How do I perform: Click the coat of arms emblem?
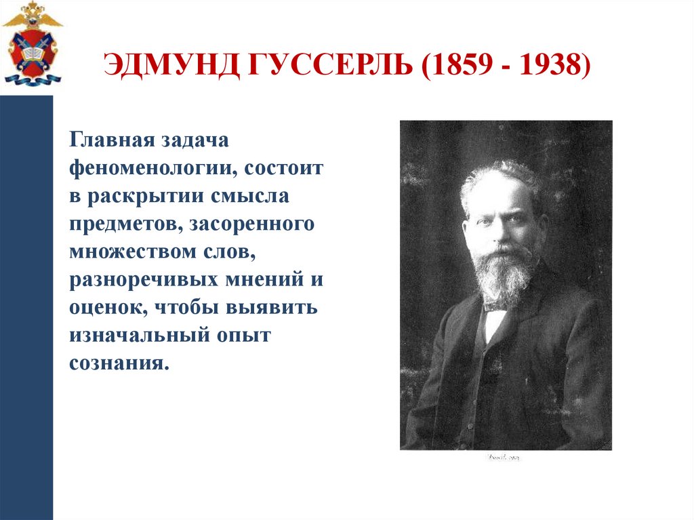point(32,44)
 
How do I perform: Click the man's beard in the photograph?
point(504,275)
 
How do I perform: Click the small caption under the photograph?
point(502,458)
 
